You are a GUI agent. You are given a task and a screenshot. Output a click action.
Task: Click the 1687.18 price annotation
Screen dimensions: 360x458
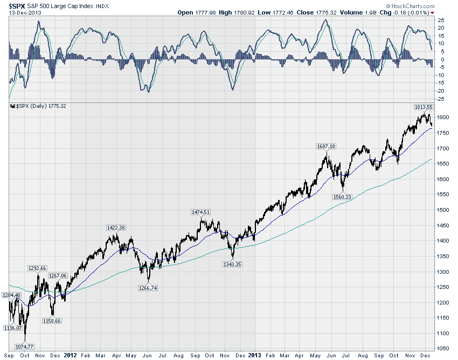[x=325, y=146]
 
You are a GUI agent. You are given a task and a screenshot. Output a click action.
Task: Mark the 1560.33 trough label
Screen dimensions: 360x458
[x=341, y=197]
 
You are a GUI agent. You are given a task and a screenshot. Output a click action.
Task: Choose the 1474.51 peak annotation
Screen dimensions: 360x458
[x=200, y=212]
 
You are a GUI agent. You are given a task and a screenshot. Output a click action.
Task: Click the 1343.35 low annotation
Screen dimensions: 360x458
[x=233, y=264]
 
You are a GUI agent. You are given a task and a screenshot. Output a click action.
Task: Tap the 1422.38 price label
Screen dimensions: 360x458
[x=116, y=227]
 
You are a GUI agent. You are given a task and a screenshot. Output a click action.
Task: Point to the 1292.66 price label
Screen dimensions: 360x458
[x=37, y=268]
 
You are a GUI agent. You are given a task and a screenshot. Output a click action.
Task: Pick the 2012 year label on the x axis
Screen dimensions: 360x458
[x=71, y=356]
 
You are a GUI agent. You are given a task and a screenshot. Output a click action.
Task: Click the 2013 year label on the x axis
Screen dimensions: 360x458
[x=254, y=356]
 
